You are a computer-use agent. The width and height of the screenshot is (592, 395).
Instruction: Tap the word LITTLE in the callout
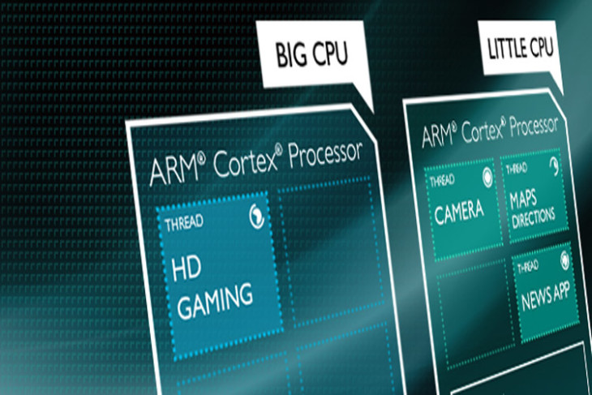pos(505,49)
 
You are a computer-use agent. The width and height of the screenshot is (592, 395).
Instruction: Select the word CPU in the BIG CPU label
pos(329,54)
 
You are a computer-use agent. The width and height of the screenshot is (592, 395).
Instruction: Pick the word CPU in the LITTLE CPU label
pos(541,47)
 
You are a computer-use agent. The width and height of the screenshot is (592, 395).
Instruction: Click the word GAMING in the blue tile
pos(215,301)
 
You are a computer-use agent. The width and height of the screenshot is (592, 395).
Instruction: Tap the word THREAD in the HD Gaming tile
pos(184,223)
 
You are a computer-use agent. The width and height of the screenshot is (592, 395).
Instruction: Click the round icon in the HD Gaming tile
pos(256,217)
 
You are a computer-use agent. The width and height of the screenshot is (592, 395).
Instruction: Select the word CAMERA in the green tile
pos(459,213)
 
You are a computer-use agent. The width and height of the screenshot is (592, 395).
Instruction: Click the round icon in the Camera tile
pos(487,177)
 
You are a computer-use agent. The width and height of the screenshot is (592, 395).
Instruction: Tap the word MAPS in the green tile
pos(523,199)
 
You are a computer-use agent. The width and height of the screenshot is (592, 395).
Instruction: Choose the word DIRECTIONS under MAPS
pos(534,217)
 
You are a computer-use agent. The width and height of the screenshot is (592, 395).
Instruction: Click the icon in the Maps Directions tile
pos(554,166)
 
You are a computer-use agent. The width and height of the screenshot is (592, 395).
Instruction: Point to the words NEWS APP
pos(545,296)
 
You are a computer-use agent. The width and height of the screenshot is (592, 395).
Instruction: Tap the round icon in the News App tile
pos(564,260)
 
